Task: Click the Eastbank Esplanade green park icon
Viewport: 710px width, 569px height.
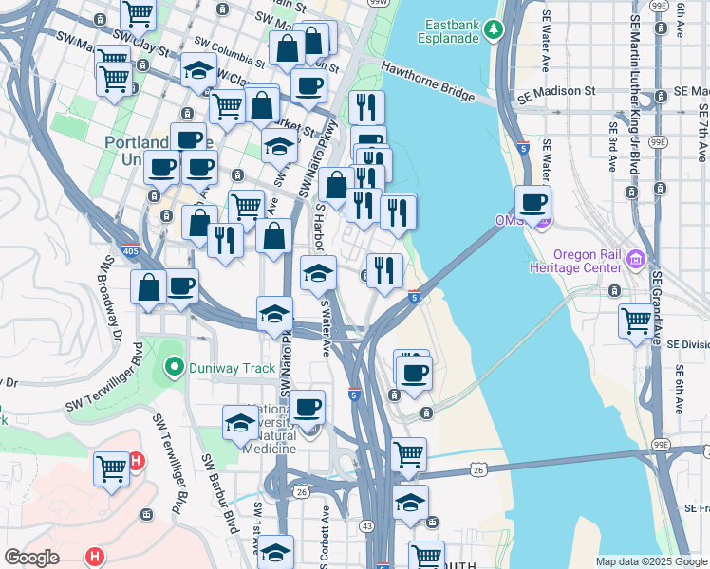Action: coord(493,29)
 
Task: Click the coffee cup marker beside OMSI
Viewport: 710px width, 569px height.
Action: coord(533,203)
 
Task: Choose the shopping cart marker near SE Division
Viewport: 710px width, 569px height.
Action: coord(637,321)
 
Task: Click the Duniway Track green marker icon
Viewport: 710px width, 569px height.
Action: coord(173,366)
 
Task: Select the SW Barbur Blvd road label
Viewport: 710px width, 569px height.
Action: coord(218,493)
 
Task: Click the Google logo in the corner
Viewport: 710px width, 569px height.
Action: coord(31,558)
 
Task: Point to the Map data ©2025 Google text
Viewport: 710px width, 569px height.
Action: coord(650,561)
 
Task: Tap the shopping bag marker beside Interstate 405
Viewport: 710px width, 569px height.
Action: coord(149,288)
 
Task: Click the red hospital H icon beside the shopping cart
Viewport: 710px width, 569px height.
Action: coord(136,461)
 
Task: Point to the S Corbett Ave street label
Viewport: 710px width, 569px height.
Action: coord(325,536)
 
